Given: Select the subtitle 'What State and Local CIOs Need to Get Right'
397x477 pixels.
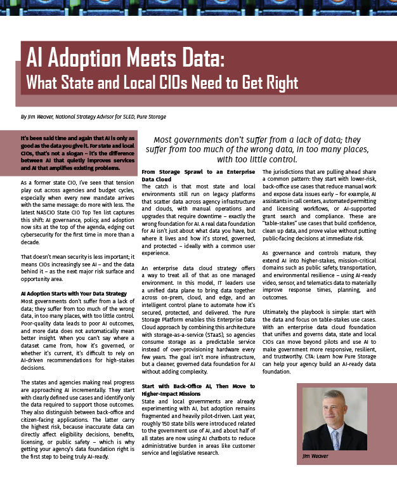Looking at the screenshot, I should [x=161, y=82].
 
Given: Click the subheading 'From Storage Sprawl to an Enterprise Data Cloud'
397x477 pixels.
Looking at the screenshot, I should [x=198, y=176].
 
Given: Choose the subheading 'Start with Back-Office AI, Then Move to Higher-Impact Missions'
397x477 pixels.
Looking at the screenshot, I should [x=198, y=389].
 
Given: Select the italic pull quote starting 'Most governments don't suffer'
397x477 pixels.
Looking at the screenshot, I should [x=266, y=149].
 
